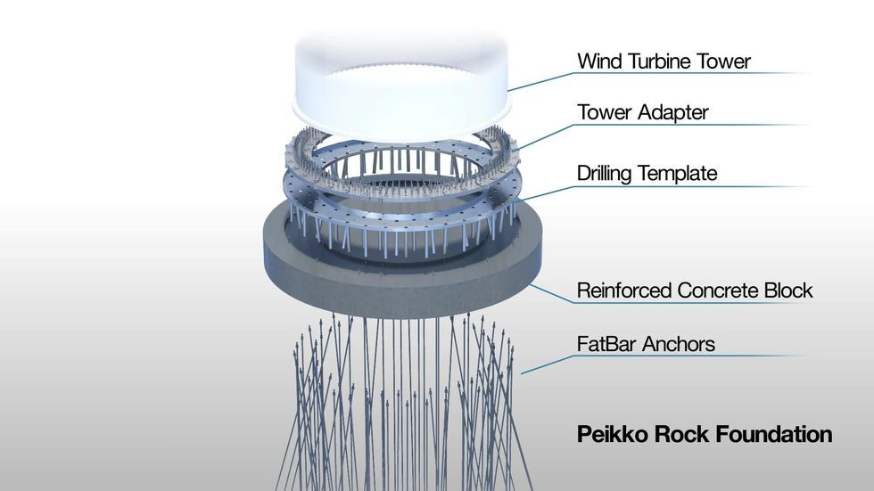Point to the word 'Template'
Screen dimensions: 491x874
point(681,174)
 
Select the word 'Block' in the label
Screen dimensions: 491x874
point(788,291)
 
